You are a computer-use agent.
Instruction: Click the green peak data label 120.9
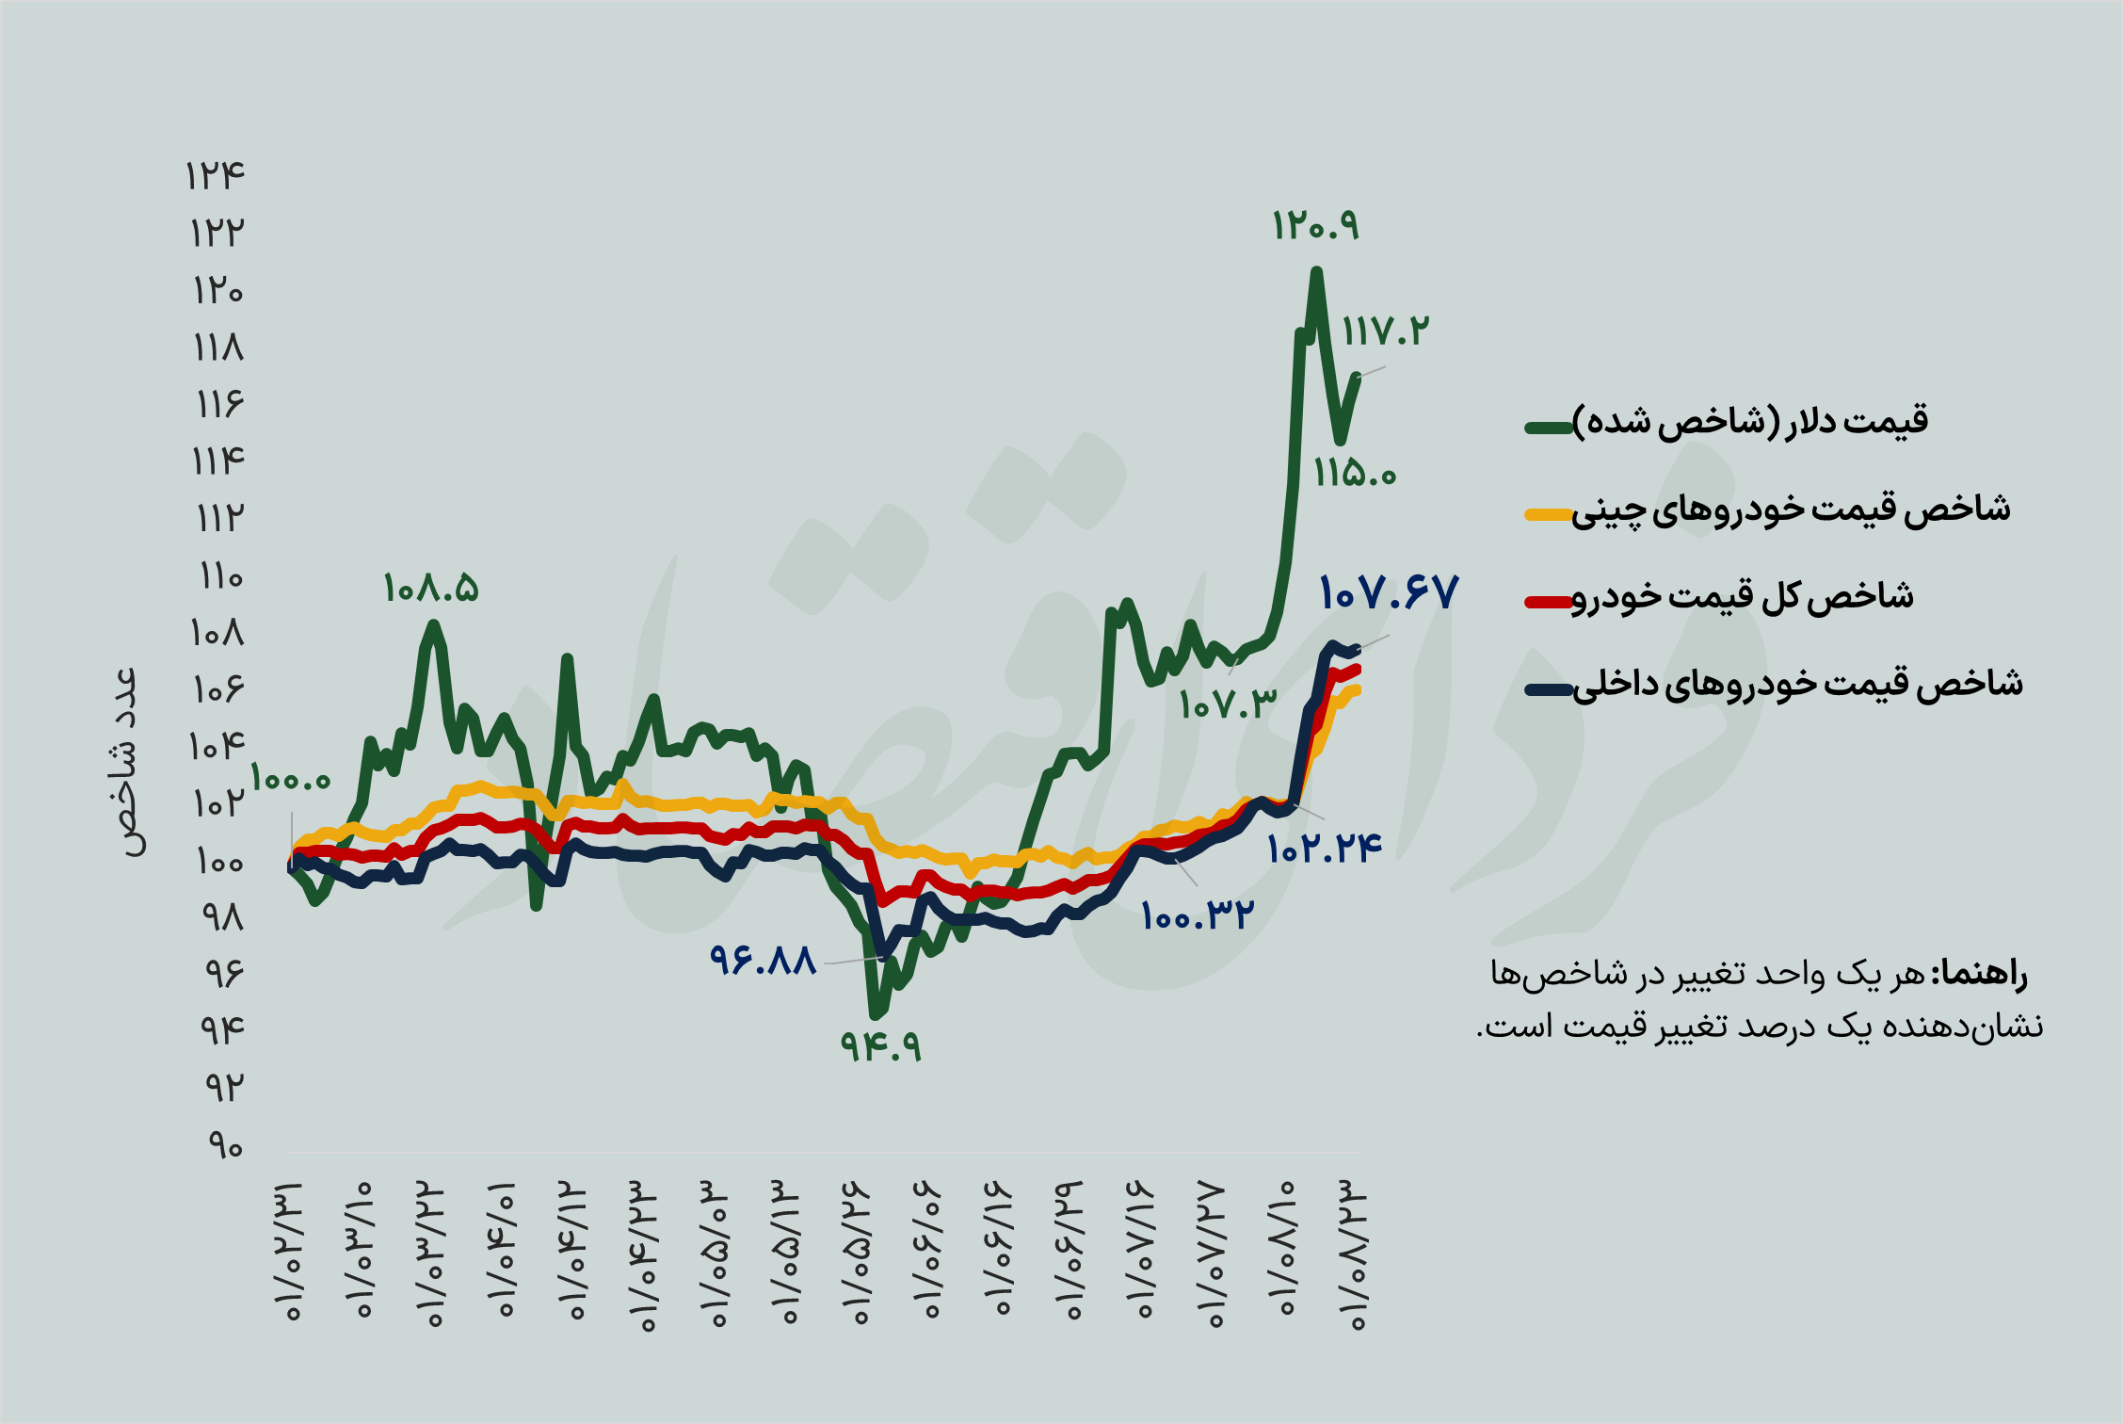tap(1315, 226)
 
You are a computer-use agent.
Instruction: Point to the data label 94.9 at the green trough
tap(881, 1045)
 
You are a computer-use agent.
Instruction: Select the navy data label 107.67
tap(1389, 593)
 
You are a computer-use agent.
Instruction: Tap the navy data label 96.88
tap(763, 961)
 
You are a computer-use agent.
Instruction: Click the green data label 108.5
tap(431, 590)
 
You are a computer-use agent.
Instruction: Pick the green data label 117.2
tap(1385, 332)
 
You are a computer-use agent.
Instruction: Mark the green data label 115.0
tap(1355, 473)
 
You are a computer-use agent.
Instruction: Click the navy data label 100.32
tap(1198, 915)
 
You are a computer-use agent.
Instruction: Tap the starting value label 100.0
tap(291, 780)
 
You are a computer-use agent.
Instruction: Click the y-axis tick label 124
tap(216, 176)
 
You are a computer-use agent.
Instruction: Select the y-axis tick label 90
tap(225, 1146)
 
